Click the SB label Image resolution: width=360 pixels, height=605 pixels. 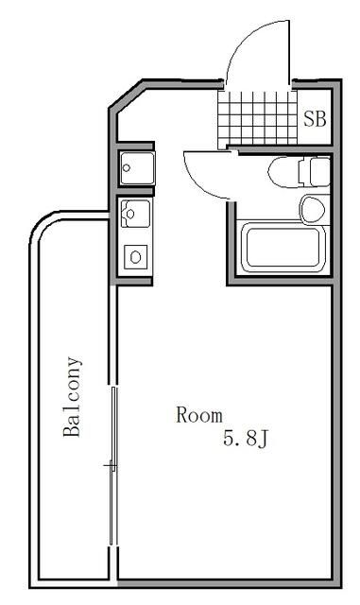click(x=314, y=119)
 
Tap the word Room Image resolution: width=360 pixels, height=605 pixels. click(x=199, y=415)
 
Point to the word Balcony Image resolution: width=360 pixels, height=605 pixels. click(x=73, y=397)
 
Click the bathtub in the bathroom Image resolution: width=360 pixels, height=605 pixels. click(x=282, y=247)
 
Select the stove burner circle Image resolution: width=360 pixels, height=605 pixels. click(x=135, y=255)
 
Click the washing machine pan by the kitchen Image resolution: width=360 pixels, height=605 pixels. click(x=132, y=168)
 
